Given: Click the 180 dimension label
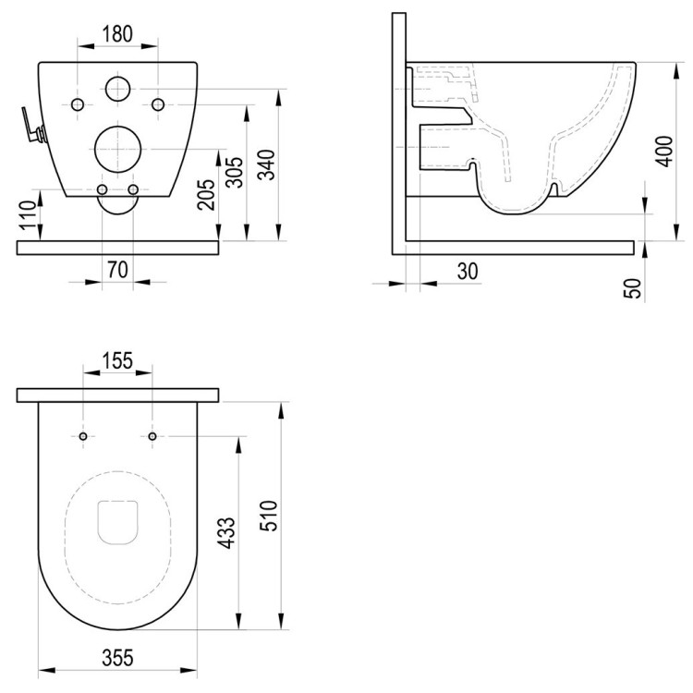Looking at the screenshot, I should coord(117,34).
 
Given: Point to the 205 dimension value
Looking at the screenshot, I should coord(206,194).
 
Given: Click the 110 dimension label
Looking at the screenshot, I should coord(27,214).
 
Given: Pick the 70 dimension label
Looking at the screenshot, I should coord(117,270).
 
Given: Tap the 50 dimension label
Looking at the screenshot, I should coord(633,287).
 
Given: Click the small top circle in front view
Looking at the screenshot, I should coord(117,89).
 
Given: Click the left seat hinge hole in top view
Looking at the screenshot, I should coord(83,435).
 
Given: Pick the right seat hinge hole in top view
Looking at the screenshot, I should coord(152,435).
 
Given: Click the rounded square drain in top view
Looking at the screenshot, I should coord(117,521).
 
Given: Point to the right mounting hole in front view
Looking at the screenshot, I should coord(158,102).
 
